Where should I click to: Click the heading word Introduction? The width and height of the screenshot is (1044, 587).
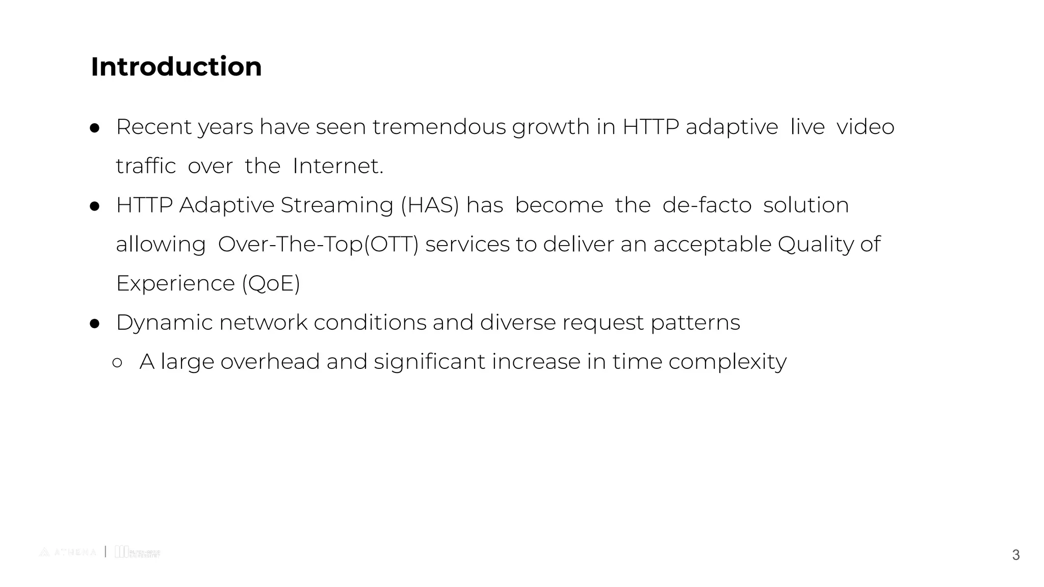[x=176, y=67]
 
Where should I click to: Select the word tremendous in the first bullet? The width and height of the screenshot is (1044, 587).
[x=439, y=127]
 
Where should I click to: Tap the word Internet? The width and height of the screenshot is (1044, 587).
[x=337, y=166]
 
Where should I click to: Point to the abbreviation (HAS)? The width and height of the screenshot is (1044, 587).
[x=430, y=205]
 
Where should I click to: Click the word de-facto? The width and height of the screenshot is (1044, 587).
[x=707, y=205]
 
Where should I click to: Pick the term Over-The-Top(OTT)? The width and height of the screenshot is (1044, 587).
[x=318, y=245]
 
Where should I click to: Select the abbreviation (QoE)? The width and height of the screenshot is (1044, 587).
[x=271, y=283]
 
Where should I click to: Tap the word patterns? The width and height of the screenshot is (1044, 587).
[x=695, y=323]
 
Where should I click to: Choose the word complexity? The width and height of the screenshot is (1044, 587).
[x=727, y=362]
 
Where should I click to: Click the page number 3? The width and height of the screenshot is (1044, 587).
[x=1015, y=555]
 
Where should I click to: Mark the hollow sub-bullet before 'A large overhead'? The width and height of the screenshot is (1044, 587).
[x=117, y=362]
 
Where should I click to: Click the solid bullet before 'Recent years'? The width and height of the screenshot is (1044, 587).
[x=94, y=128]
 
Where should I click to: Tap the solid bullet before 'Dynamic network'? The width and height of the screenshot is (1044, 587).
[x=94, y=324]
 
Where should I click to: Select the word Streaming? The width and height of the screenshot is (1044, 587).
[x=336, y=205]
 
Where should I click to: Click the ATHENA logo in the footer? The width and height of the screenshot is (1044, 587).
[x=68, y=552]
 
